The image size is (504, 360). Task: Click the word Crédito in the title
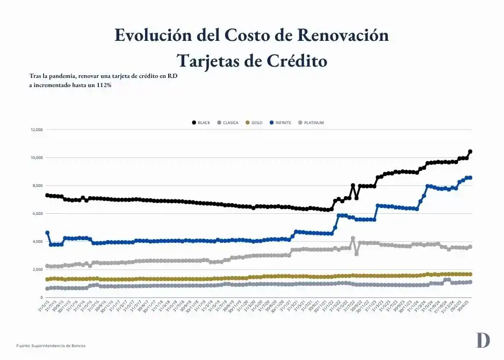pos(294,61)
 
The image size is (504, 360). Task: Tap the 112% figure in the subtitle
pos(103,85)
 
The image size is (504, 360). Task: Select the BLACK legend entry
pos(201,123)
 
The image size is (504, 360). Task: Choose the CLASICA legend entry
pos(228,123)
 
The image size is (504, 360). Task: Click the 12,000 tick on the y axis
pos(37,130)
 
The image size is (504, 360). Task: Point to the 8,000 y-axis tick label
pos(38,186)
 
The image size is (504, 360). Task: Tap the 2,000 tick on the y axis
pos(38,269)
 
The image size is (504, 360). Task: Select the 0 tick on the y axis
pos(41,297)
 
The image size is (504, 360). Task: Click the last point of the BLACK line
pos(470,152)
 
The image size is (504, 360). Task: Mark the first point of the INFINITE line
pos(47,233)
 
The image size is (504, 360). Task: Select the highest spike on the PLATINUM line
pos(352,238)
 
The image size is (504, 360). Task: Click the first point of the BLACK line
pos(47,195)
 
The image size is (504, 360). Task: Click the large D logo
pos(483,340)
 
